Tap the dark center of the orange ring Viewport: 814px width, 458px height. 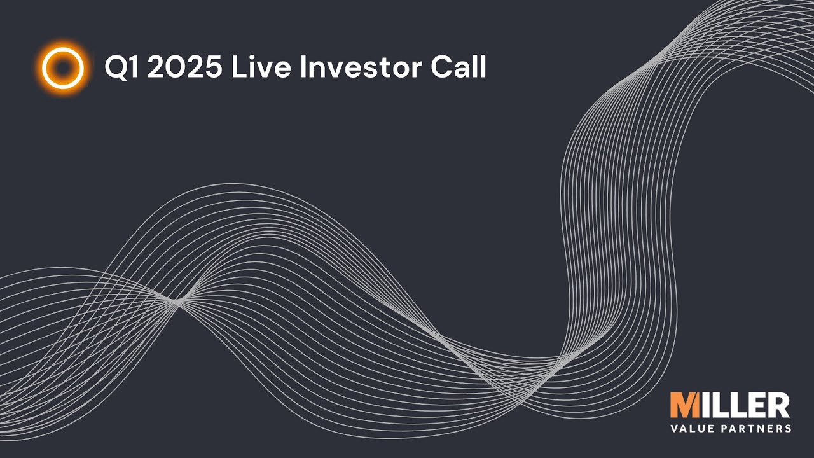pyautogui.click(x=62, y=67)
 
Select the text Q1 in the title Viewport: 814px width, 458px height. pyautogui.click(x=122, y=67)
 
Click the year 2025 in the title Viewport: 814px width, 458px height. pyautogui.click(x=185, y=67)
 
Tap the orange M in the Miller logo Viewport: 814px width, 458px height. pyautogui.click(x=684, y=406)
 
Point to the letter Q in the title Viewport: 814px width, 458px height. pyautogui.click(x=116, y=67)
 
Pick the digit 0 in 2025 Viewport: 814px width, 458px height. pyautogui.click(x=174, y=67)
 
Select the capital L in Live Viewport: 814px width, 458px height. pyautogui.click(x=238, y=67)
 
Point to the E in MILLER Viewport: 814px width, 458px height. pyautogui.click(x=755, y=406)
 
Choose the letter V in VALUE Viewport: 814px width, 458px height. pyautogui.click(x=675, y=429)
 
